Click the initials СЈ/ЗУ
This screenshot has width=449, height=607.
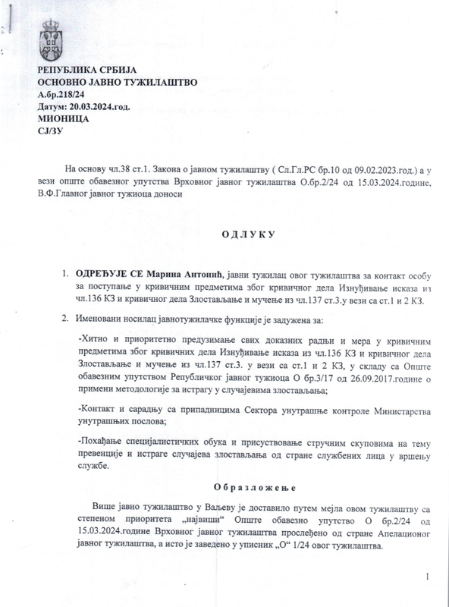click(49, 131)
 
